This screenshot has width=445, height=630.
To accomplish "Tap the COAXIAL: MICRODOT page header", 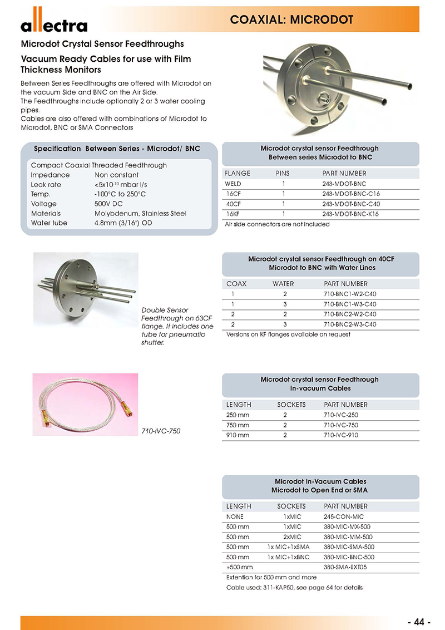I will (x=291, y=20).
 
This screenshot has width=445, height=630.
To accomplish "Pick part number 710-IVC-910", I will (x=340, y=435).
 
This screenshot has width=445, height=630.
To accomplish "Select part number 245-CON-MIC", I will (x=343, y=516).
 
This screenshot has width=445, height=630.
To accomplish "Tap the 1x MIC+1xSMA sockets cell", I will (x=288, y=547).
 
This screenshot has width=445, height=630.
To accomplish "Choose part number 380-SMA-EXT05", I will (x=345, y=567).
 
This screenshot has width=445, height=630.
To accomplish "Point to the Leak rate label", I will (x=46, y=184).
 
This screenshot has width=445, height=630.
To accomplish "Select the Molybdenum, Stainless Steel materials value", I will (x=140, y=213).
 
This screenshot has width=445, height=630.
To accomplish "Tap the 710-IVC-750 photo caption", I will (x=161, y=431).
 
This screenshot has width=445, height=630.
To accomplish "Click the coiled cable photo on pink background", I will (x=86, y=403).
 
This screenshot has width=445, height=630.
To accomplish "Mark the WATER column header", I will (x=283, y=284).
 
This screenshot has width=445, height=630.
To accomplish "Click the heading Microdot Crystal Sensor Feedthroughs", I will (x=102, y=43).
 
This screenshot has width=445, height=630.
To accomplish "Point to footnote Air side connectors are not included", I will (x=277, y=224).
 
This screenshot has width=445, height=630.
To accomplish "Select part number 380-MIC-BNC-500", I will (x=349, y=557).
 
